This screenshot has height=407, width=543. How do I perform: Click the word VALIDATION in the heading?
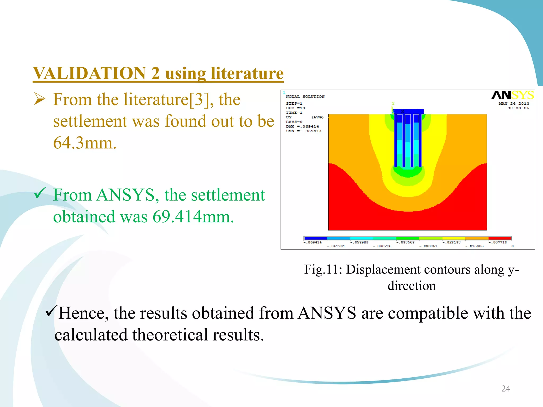(89, 73)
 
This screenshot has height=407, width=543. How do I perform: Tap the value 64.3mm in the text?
(85, 143)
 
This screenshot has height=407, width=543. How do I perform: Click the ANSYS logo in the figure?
(513, 95)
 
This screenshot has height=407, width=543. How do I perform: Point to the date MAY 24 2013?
(514, 104)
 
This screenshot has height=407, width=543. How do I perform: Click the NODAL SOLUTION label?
(305, 97)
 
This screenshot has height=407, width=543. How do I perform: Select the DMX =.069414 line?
(302, 126)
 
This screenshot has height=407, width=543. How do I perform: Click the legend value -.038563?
(405, 242)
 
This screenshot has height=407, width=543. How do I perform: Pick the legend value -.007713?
(498, 242)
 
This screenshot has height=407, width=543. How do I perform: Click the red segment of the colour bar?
(500, 238)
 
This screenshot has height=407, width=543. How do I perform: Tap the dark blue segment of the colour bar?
(315, 238)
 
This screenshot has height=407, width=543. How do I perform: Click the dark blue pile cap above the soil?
(408, 111)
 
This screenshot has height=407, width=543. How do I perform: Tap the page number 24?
(506, 388)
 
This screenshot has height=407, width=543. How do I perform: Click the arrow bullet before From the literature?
(40, 100)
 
